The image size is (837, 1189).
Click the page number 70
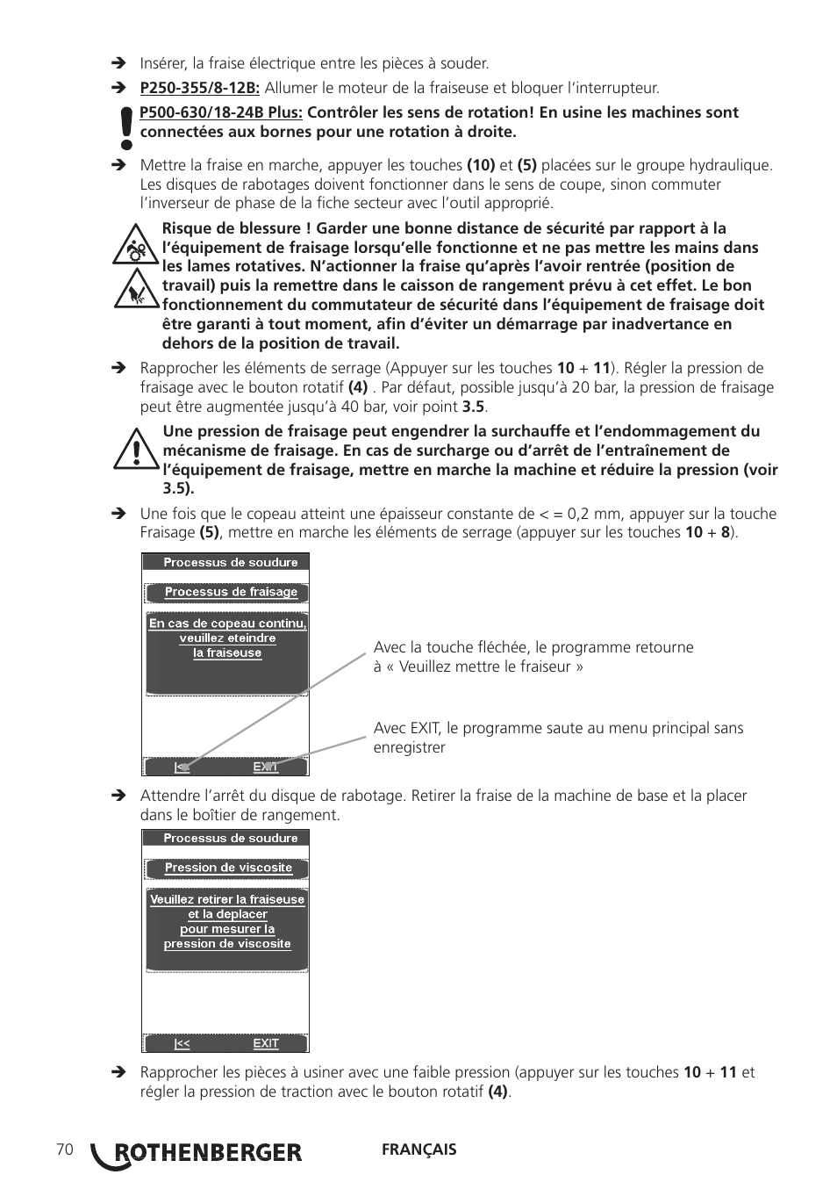click(x=64, y=1149)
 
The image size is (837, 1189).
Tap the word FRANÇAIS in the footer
click(x=418, y=1149)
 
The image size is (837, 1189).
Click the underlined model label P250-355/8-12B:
click(x=200, y=88)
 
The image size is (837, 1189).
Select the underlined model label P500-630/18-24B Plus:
click(x=221, y=112)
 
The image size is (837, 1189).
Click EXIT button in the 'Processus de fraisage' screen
click(x=266, y=767)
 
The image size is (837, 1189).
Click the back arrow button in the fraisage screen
click(x=182, y=767)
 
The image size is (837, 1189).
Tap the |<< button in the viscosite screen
click(x=182, y=1043)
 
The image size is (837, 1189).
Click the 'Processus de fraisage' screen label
click(x=231, y=592)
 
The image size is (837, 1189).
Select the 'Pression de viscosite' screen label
click(x=228, y=868)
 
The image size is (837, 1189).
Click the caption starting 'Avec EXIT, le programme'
click(x=558, y=738)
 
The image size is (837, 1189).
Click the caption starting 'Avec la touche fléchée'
click(x=533, y=657)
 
